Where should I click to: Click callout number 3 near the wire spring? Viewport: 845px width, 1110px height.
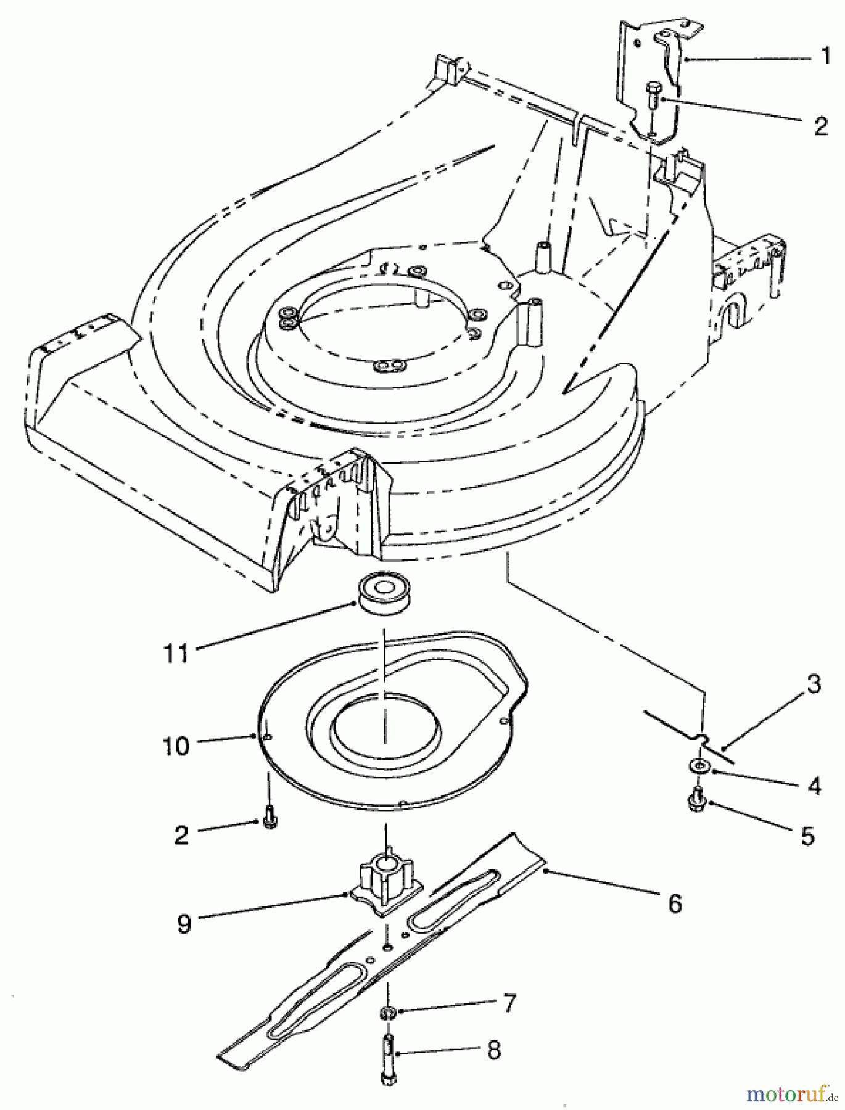pyautogui.click(x=813, y=684)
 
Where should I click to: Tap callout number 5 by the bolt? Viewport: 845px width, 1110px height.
pyautogui.click(x=808, y=836)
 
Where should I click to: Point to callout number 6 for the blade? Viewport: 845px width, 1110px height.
pyautogui.click(x=675, y=904)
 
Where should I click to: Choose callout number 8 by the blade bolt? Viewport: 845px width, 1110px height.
pyautogui.click(x=493, y=1051)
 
